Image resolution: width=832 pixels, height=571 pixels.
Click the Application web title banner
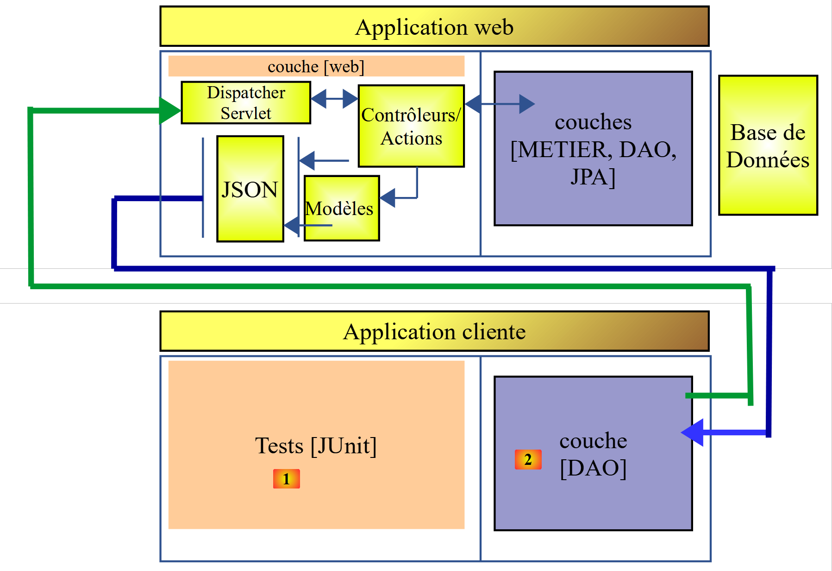pos(434,26)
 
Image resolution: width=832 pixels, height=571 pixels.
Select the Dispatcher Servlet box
pos(245,102)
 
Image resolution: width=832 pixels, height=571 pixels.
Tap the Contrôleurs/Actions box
pos(411,126)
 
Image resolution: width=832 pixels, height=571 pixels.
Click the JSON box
pos(250,189)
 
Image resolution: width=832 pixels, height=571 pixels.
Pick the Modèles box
pos(342,209)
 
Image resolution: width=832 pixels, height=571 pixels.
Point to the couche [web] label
pos(316,66)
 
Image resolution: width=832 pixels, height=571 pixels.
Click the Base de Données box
pos(768,146)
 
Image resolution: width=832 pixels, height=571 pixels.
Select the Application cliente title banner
pos(434,331)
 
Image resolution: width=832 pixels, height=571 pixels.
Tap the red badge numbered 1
pos(286,479)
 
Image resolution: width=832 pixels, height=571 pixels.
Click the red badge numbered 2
pos(528,459)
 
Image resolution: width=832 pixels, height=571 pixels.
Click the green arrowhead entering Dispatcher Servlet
pos(169,110)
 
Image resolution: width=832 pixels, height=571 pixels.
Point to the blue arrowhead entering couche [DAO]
pos(693,432)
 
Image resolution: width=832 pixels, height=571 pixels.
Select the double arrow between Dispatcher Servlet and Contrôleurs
pos(334,98)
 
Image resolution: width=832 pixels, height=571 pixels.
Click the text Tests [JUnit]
pos(316,445)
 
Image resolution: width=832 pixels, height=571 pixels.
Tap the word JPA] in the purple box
pos(593,177)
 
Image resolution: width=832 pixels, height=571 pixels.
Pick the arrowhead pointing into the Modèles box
pos(387,198)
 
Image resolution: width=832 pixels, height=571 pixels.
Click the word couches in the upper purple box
pos(593,122)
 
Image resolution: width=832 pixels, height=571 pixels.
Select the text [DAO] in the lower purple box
pos(593,468)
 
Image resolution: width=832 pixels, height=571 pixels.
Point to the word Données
pos(768,160)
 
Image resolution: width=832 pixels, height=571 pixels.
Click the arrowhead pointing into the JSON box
pos(292,225)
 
